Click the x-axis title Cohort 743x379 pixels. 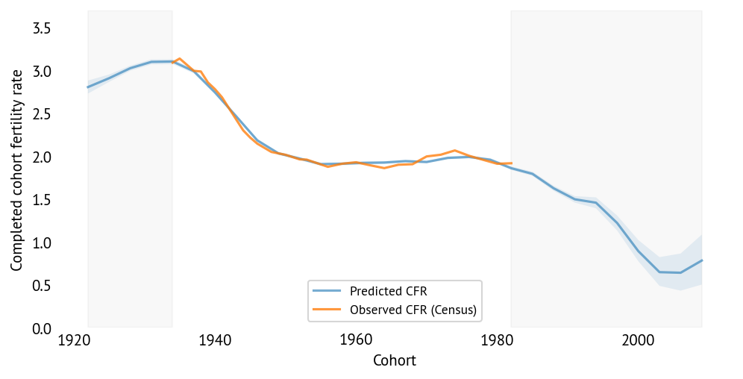394,361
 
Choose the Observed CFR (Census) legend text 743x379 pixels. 413,309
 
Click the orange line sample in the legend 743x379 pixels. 327,309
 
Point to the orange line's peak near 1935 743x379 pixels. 180,58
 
